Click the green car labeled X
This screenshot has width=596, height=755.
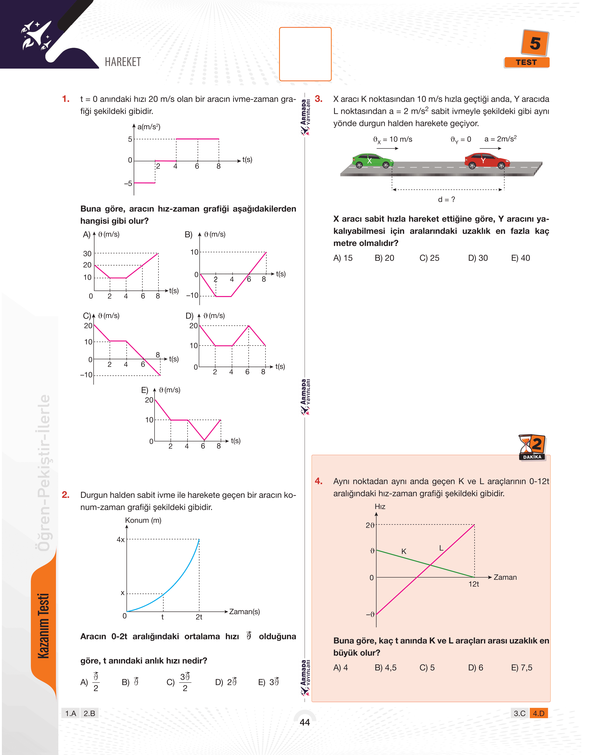(372, 161)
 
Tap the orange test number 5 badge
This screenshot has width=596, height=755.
(535, 44)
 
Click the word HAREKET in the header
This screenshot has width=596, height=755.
(123, 62)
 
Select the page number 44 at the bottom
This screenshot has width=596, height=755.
(305, 722)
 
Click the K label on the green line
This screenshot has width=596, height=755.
(404, 551)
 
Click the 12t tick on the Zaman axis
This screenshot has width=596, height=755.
(474, 584)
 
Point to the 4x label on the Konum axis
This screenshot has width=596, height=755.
(120, 539)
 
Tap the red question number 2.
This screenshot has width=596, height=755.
(66, 495)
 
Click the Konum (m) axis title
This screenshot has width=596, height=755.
(143, 520)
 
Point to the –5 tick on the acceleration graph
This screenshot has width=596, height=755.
(128, 183)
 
